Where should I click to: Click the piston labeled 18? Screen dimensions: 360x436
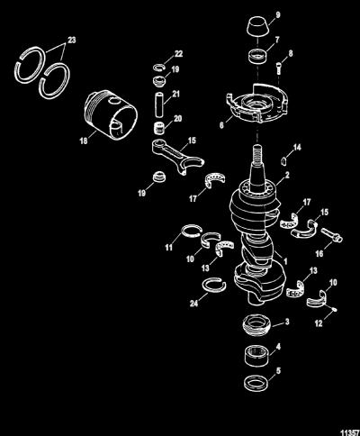[x=111, y=114]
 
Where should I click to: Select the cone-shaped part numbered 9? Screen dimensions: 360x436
[x=257, y=27]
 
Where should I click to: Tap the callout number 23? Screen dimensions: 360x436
[x=72, y=40]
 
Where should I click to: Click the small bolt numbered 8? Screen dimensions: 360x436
[x=278, y=69]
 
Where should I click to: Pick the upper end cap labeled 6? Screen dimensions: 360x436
[x=257, y=104]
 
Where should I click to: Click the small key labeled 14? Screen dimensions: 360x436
[x=283, y=160]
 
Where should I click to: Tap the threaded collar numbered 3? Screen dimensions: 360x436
[x=256, y=324]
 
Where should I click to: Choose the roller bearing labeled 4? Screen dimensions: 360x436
[x=257, y=356]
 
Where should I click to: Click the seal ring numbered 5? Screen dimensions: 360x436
[x=256, y=383]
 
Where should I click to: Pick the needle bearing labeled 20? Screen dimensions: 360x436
[x=159, y=128]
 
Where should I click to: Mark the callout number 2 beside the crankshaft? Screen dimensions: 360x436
[x=287, y=175]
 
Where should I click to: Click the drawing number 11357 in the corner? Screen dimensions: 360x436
[x=350, y=432]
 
